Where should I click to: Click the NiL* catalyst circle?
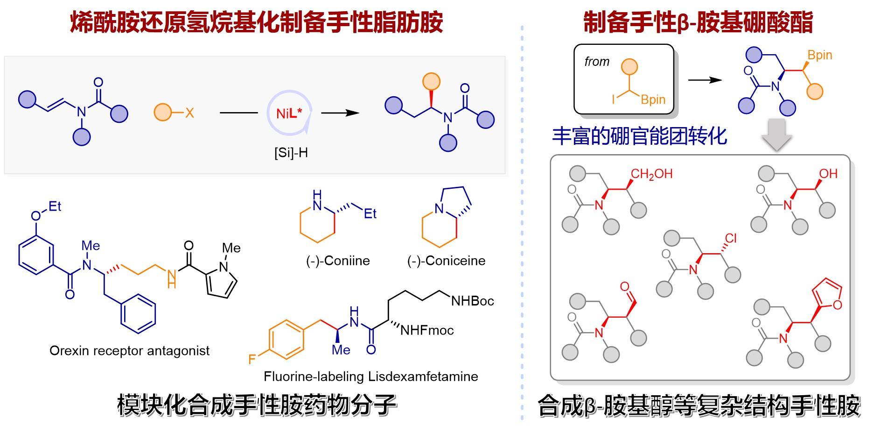(x=289, y=114)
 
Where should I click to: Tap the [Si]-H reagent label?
(x=291, y=153)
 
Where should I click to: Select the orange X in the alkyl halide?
(x=189, y=113)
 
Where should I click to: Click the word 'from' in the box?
(x=597, y=62)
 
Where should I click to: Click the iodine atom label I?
(x=614, y=99)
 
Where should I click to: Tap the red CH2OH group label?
(x=651, y=174)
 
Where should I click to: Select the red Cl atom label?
(x=731, y=239)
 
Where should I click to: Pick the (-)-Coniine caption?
(x=338, y=261)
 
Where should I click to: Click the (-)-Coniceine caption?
(x=446, y=261)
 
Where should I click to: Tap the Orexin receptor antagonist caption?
(x=129, y=351)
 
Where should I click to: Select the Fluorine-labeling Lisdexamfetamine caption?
(x=370, y=376)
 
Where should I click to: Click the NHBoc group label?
(x=472, y=301)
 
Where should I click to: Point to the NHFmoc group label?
(x=427, y=331)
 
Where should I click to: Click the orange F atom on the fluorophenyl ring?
(x=252, y=359)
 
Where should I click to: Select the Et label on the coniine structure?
(x=370, y=214)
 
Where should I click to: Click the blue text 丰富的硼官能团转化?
(x=639, y=136)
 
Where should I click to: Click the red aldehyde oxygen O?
(x=625, y=287)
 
